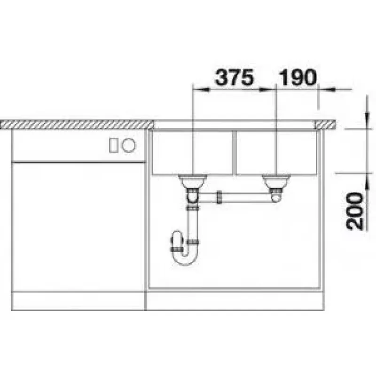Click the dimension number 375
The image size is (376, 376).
click(x=234, y=77)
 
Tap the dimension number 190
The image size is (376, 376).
click(x=298, y=77)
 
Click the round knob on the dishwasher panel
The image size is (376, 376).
click(x=129, y=145)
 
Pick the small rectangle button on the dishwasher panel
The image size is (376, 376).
click(x=113, y=145)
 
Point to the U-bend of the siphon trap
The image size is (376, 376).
click(x=184, y=260)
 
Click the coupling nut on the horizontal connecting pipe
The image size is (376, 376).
click(x=219, y=197)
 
